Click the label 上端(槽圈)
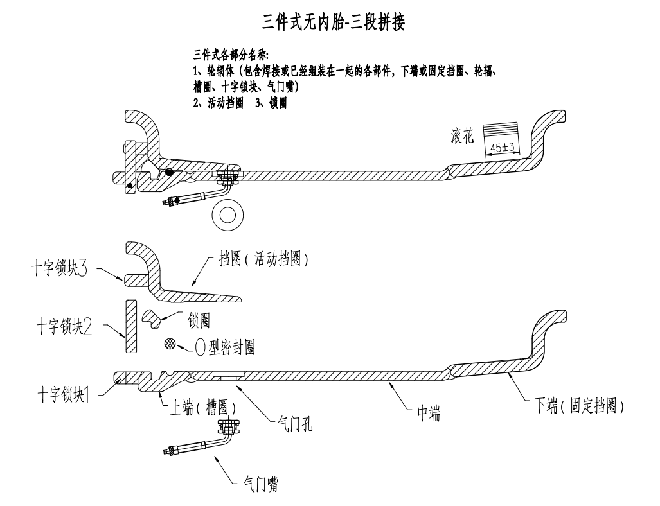(199, 406)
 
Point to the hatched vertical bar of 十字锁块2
(130, 326)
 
